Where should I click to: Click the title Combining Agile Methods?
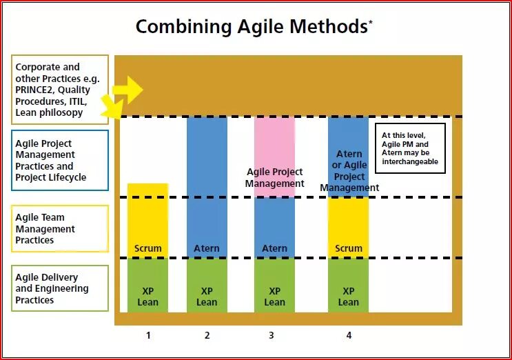(x=252, y=27)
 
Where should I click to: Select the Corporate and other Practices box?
(x=59, y=90)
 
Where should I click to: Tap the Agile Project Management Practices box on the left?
(x=59, y=160)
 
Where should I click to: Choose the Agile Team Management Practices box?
(x=59, y=228)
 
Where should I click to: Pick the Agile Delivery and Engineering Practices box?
(x=59, y=288)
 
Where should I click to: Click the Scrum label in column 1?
(x=147, y=248)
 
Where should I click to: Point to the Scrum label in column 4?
(x=348, y=248)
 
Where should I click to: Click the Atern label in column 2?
(x=207, y=248)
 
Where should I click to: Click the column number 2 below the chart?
(x=207, y=335)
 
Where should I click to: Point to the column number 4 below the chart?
(x=348, y=335)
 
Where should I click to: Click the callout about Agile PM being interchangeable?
(x=410, y=148)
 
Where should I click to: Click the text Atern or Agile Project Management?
(x=349, y=171)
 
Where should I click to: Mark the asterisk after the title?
(x=371, y=21)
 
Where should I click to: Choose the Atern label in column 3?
(x=274, y=248)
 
